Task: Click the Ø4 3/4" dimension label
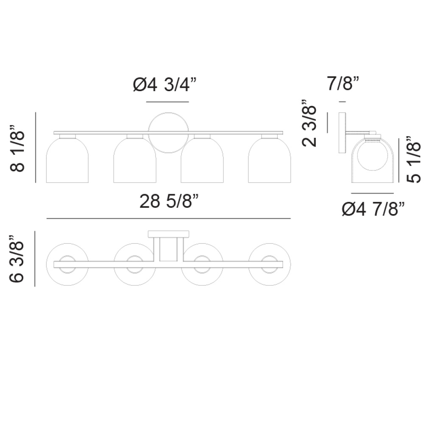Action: point(165,84)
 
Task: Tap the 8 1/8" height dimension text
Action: point(17,148)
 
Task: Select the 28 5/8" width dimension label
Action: point(169,201)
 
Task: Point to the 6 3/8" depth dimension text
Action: point(17,259)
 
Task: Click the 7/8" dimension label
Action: point(343,83)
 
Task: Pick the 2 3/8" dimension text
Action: point(309,123)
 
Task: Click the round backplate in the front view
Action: point(168,113)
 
